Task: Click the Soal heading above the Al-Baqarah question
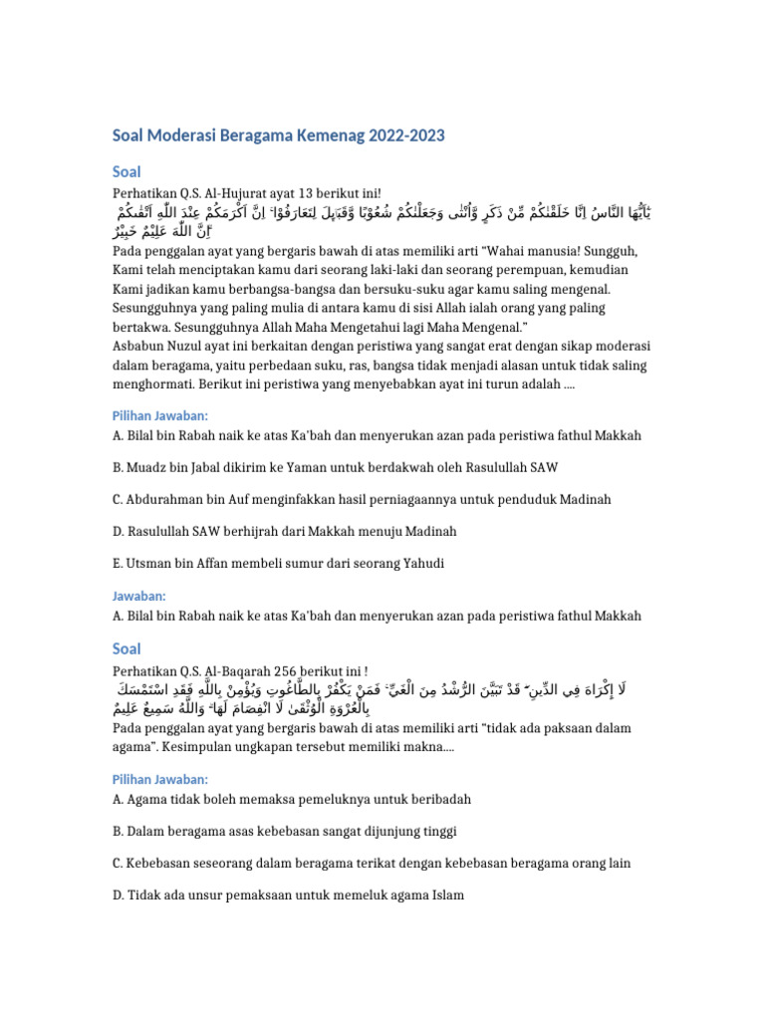click(x=127, y=648)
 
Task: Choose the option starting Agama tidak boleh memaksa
click(x=292, y=799)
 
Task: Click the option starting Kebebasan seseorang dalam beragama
click(x=372, y=863)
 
